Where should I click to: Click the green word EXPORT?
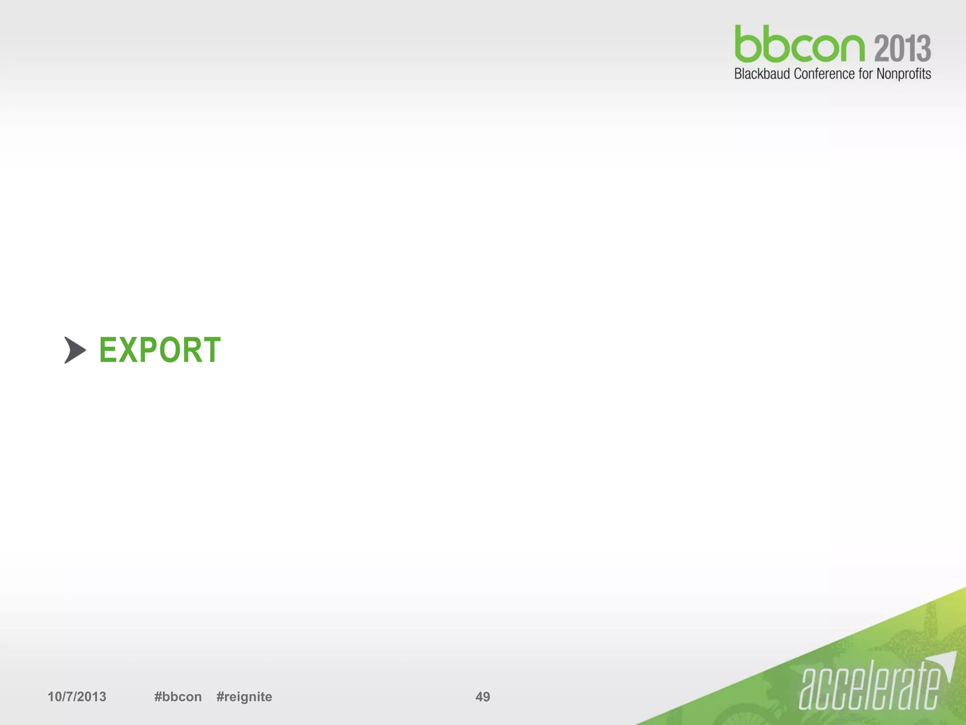click(159, 350)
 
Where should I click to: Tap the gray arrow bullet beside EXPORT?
click(75, 350)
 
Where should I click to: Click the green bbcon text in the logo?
click(799, 45)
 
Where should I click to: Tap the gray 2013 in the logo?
click(902, 48)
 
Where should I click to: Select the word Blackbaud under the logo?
click(761, 74)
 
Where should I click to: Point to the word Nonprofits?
click(903, 74)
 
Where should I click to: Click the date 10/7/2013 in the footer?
click(77, 697)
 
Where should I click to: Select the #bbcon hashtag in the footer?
click(178, 697)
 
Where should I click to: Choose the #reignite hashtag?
click(244, 697)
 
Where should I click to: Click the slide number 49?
click(483, 697)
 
